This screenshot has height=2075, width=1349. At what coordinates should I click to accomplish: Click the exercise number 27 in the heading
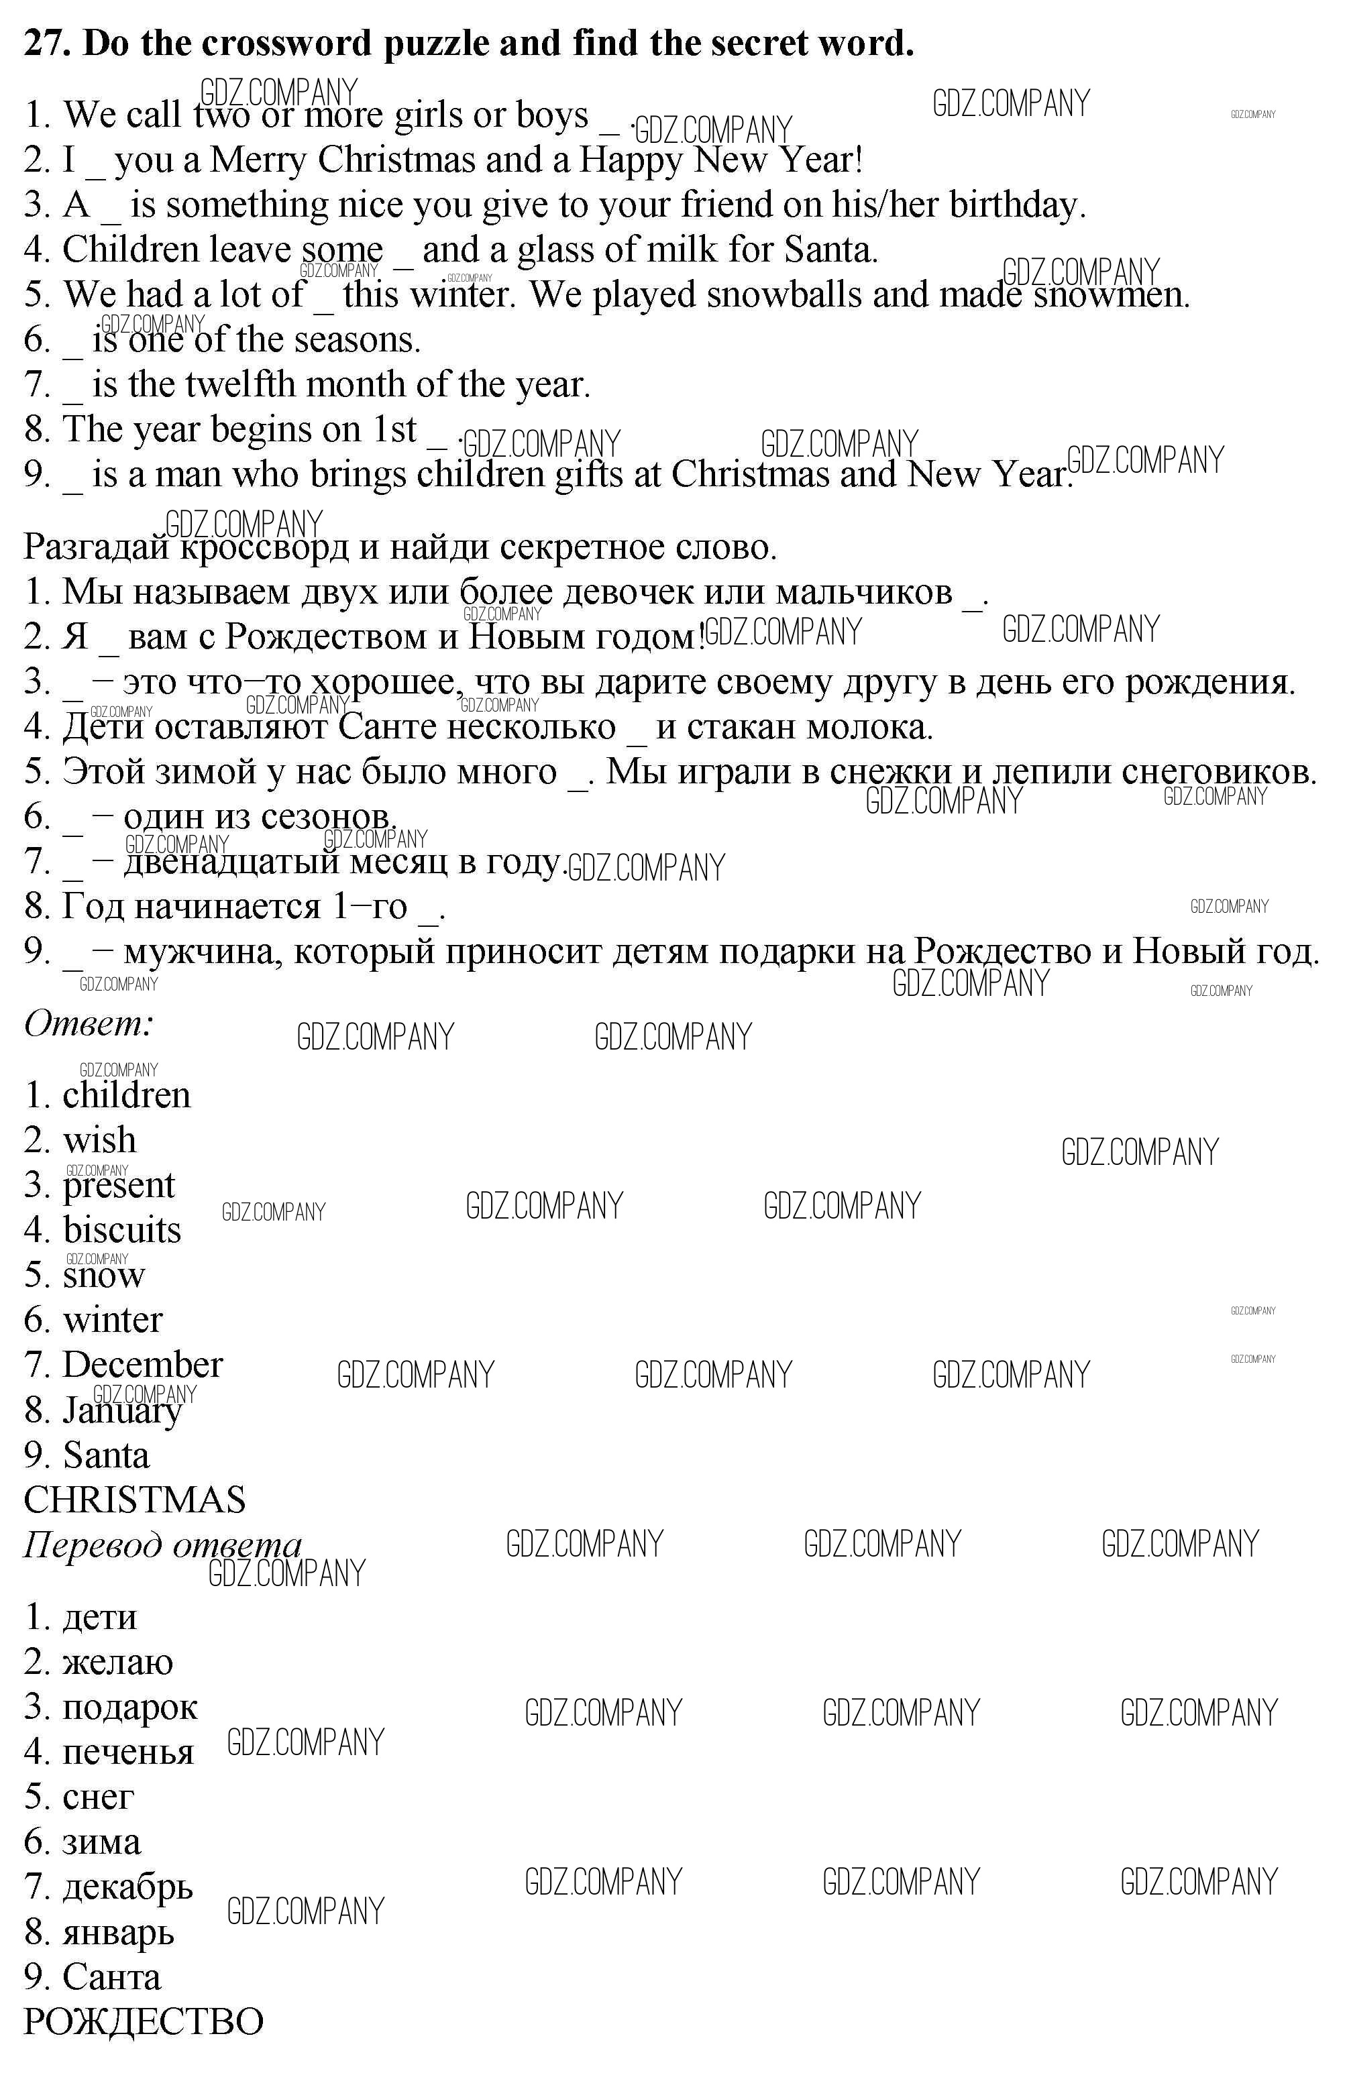coord(46,43)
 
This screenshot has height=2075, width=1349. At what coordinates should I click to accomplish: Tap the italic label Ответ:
coord(88,1023)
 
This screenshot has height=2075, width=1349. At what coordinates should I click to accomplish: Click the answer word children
coord(126,1095)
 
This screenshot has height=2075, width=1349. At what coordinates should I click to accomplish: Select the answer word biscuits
coord(122,1230)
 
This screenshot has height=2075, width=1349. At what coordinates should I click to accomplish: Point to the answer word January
coord(122,1410)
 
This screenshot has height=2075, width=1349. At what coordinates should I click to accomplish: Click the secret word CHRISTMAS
coord(134,1500)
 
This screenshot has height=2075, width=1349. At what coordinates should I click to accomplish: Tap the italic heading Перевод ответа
coord(162,1545)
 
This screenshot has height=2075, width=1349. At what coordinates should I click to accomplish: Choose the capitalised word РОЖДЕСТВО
coord(143,2021)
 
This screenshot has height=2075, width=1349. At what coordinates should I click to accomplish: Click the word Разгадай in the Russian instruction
coord(98,547)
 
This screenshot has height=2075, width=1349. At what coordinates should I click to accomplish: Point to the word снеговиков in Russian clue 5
coord(1218,771)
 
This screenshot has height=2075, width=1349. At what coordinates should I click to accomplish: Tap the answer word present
coord(119,1186)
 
